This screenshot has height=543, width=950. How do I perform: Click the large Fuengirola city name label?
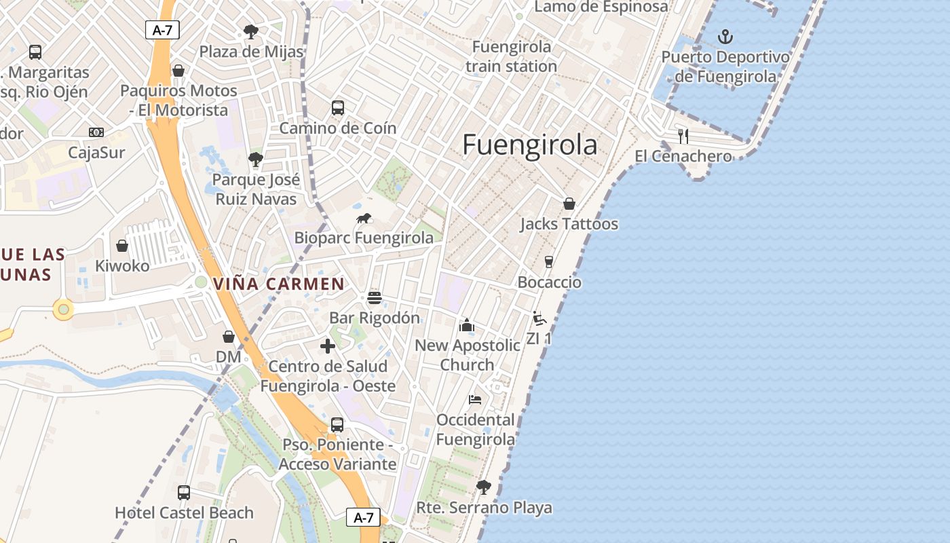point(530,145)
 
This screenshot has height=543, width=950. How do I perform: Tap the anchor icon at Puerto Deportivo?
point(725,36)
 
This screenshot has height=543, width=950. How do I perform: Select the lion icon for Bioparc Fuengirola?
point(364,218)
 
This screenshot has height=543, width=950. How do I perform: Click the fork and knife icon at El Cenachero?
point(683,136)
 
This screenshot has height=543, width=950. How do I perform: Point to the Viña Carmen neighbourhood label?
point(280,284)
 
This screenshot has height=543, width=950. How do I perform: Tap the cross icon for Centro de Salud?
point(328,346)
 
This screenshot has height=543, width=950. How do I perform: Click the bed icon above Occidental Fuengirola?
point(475,400)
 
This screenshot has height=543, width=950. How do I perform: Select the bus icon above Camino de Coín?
point(337,108)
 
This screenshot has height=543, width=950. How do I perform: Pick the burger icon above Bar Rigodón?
point(374,298)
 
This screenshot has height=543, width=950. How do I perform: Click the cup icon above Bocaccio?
point(549,262)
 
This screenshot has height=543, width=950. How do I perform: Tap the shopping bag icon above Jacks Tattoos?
point(569,204)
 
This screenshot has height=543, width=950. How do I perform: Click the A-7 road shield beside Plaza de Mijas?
point(162,30)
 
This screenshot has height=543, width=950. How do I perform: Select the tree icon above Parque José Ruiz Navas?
point(255,160)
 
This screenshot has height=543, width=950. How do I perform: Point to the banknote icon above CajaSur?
point(96,132)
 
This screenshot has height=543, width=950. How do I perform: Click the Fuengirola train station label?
point(512,57)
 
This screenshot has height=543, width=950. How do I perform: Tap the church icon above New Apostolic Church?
point(467,325)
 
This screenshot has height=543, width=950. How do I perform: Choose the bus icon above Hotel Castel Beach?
point(184,493)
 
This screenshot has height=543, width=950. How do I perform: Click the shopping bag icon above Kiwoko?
point(122,246)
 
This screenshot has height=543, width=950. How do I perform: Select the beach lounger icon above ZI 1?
point(539,318)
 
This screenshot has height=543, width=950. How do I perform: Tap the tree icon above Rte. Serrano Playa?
point(483,487)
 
